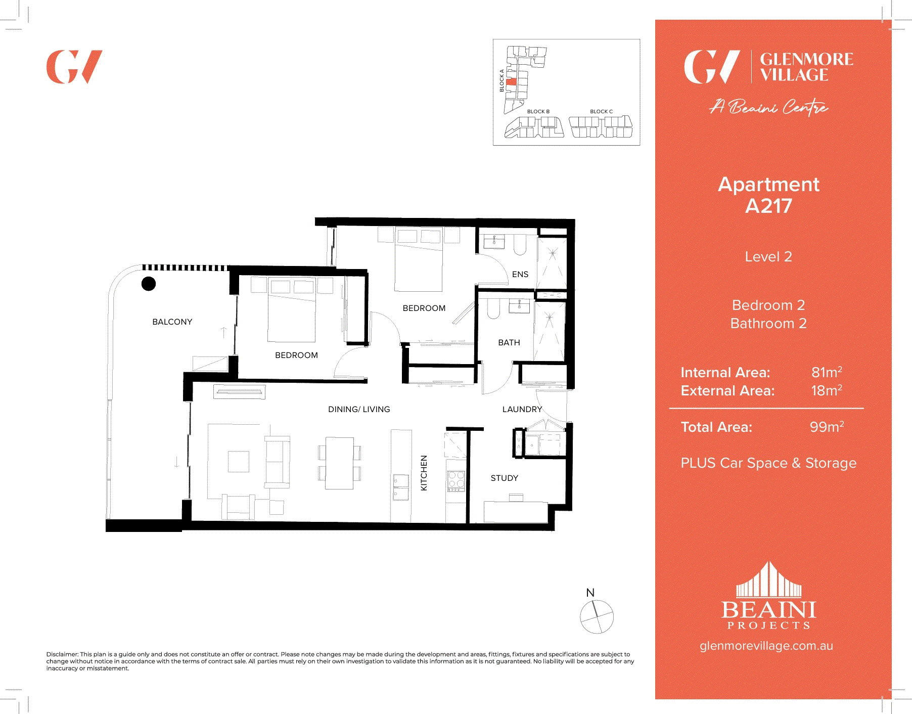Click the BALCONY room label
coord(172,322)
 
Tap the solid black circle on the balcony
coord(149,284)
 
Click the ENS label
coord(520,274)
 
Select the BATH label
coord(509,342)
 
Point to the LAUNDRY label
coord(522,409)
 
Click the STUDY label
coord(504,478)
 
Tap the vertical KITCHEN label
coord(424,473)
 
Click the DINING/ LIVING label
coord(359,409)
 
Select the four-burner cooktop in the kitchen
coord(455,481)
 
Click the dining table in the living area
coord(339,463)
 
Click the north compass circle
coord(597,617)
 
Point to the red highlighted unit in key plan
coord(512,82)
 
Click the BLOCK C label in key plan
coord(601,112)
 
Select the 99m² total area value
coord(827,427)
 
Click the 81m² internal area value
coord(827,373)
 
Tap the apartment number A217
coord(768,206)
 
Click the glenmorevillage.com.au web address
coord(766,646)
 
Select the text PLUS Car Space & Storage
coord(768,463)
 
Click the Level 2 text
coord(768,257)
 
